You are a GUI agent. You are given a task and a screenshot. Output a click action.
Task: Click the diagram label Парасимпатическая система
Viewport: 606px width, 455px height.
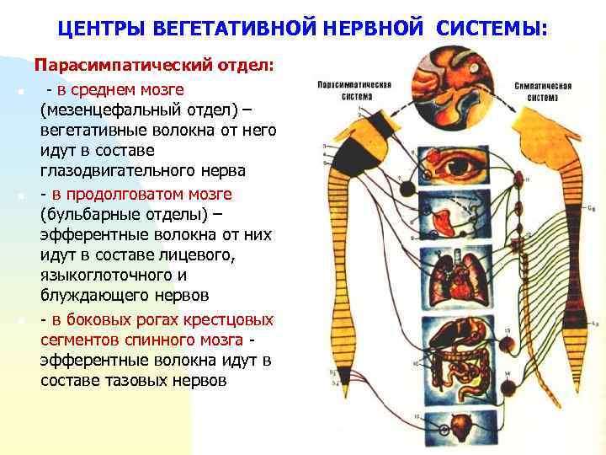[350, 90]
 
